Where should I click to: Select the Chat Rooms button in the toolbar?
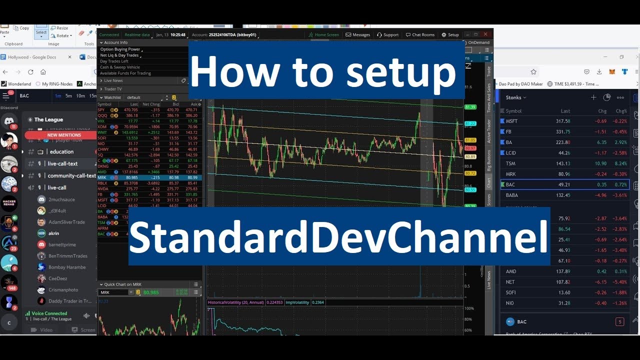click(420, 35)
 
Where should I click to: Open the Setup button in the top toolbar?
click(450, 35)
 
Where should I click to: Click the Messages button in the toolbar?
click(358, 35)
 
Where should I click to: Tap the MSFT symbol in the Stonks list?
click(511, 121)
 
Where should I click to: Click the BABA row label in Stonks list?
click(511, 195)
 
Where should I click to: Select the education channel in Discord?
click(61, 151)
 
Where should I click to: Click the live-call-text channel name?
click(62, 163)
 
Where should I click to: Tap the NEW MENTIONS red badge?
click(64, 135)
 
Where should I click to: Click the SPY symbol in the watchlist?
click(101, 109)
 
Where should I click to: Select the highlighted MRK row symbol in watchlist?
click(102, 177)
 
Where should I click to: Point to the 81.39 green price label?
click(470, 107)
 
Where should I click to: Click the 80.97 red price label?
click(470, 148)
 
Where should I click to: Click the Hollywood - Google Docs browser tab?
click(32, 57)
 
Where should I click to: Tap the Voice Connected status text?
click(49, 313)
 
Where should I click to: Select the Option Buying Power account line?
click(120, 49)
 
